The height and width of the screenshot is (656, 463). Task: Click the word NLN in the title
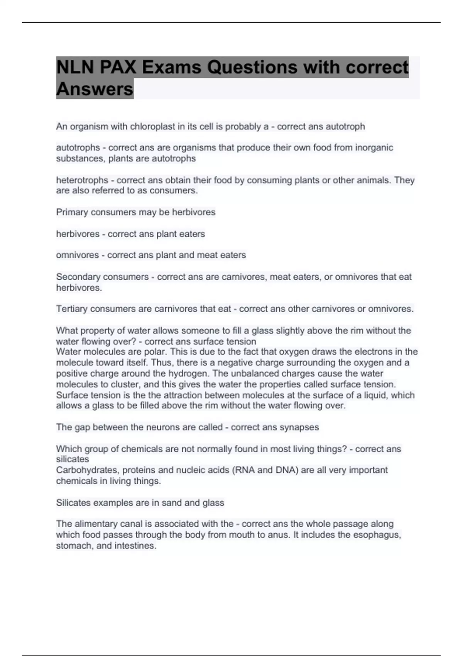click(75, 68)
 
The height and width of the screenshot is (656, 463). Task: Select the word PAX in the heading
click(118, 68)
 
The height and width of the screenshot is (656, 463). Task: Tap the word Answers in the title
click(95, 89)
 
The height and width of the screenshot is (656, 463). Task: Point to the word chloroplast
click(152, 127)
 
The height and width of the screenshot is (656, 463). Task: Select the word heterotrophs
click(82, 180)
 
